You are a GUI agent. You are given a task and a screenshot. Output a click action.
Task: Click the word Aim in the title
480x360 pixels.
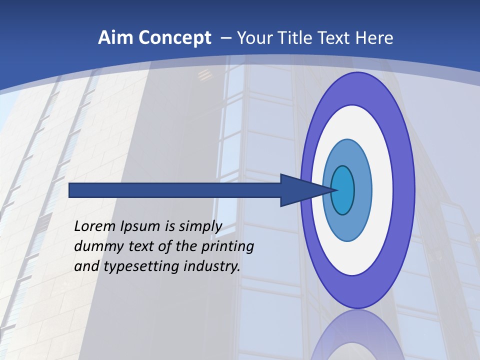tap(113, 38)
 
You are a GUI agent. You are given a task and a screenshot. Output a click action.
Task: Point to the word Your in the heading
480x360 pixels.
tap(253, 38)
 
